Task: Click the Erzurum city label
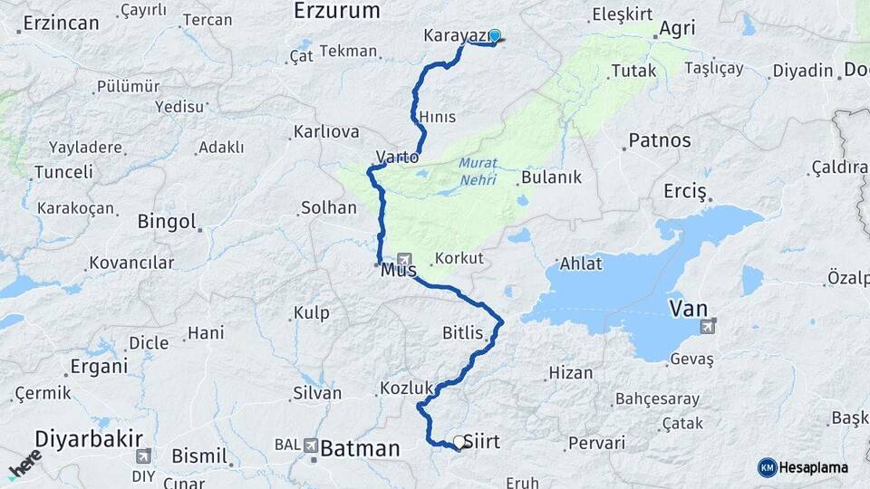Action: [335, 11]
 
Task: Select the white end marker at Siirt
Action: [459, 443]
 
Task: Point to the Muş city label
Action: [398, 269]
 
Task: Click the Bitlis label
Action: [463, 332]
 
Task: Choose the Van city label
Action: [688, 309]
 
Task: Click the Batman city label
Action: [360, 447]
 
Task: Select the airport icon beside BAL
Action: [312, 446]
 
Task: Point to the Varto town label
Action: [398, 157]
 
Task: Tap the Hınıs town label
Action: [438, 117]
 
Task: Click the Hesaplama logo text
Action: [813, 467]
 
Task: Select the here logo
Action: [24, 463]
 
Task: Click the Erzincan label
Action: [61, 23]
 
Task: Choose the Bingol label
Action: [166, 221]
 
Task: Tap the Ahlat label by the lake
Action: [581, 264]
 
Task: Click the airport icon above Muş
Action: [403, 258]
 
